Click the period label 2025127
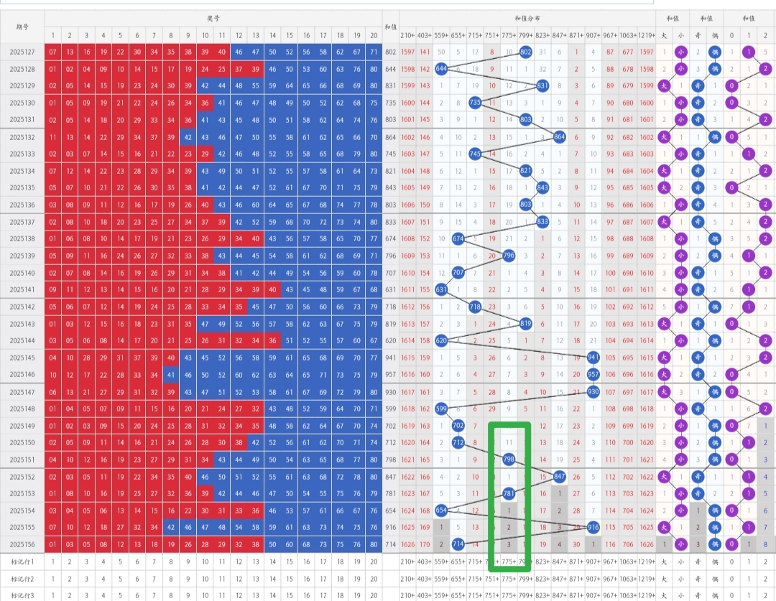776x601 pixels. pos(22,52)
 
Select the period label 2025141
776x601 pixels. pos(22,290)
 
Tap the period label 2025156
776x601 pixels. pos(22,545)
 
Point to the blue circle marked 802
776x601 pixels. pos(526,52)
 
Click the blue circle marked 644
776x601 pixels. pos(441,69)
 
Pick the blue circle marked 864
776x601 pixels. pos(560,137)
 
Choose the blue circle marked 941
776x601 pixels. pos(593,358)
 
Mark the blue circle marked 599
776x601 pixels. pos(441,409)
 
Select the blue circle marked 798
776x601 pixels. pos(509,460)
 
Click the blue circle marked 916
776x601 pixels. pos(593,528)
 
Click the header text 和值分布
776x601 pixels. pos(527,19)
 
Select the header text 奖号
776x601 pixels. pos(213,19)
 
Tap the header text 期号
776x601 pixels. pos(22,27)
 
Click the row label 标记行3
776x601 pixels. pos(22,595)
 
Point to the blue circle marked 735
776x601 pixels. pos(475,103)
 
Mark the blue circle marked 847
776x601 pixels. pos(560,477)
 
